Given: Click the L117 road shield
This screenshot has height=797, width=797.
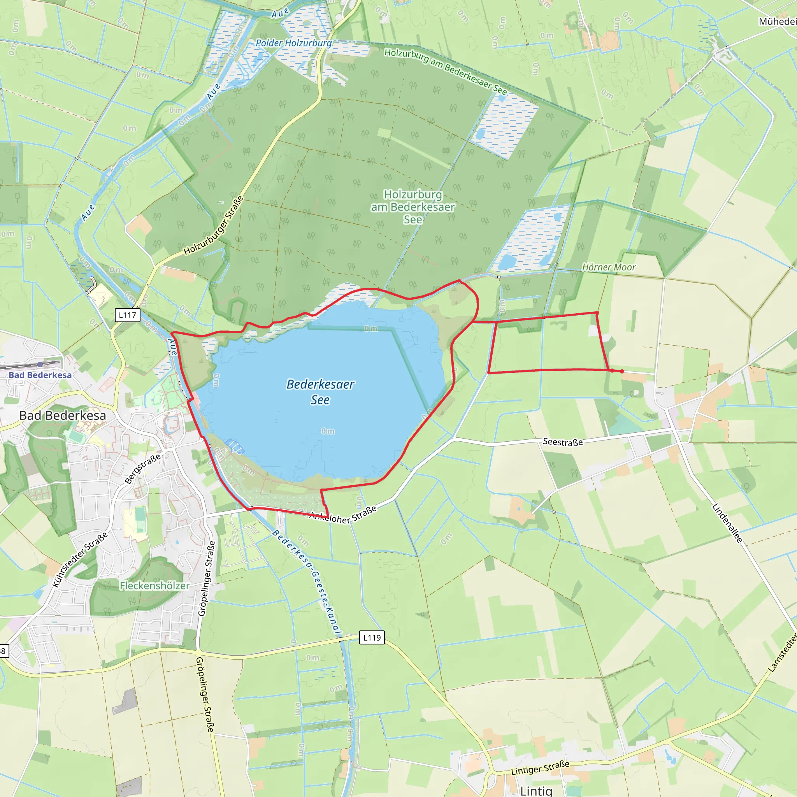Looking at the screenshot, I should (128, 315).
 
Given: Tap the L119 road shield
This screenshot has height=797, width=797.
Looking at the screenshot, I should (372, 637).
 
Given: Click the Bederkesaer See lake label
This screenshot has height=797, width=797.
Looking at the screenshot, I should (320, 392).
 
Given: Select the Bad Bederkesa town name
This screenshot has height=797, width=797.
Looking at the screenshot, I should (63, 415).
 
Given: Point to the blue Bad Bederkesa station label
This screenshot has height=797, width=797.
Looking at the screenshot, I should (40, 375).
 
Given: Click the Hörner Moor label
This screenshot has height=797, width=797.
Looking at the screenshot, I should (609, 267).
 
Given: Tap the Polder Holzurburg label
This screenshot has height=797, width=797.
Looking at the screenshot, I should (293, 43).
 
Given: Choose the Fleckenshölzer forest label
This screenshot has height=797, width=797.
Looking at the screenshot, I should (155, 585).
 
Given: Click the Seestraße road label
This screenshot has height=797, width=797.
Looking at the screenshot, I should (563, 442).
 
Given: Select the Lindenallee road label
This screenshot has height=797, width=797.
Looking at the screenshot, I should (727, 523).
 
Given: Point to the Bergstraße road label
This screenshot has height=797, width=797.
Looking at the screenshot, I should (142, 469).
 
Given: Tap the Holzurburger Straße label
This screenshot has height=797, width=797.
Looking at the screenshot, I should (214, 226).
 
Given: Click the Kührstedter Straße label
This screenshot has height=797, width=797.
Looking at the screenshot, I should (80, 559).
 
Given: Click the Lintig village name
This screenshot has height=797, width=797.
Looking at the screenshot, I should (536, 790).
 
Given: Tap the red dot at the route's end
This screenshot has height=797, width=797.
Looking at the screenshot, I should (622, 371).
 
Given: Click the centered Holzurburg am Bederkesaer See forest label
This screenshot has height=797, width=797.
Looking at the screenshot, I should (413, 207).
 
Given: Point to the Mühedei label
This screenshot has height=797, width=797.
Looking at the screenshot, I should (778, 21).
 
